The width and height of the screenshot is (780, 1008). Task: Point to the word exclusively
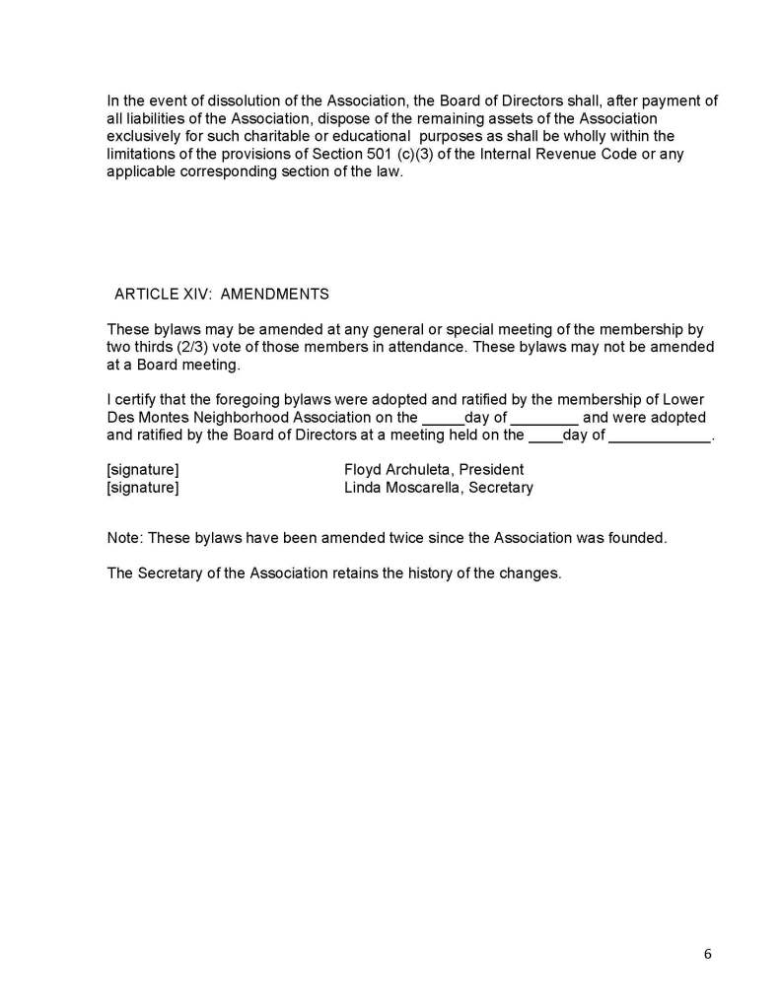pos(145,136)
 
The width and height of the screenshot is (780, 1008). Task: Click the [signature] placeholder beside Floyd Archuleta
pos(143,470)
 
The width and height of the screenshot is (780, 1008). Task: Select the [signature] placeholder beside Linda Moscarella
pos(143,488)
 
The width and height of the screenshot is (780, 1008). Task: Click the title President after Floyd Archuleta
pos(494,470)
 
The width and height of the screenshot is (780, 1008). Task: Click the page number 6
pos(707,953)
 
